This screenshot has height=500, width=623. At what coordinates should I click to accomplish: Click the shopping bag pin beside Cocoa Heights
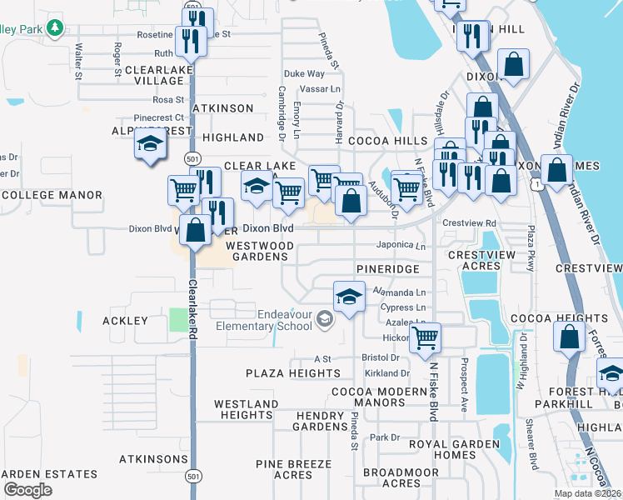[x=570, y=337]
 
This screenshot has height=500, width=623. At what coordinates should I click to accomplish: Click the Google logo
[x=27, y=489]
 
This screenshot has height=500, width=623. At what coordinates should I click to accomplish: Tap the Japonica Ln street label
[x=403, y=246]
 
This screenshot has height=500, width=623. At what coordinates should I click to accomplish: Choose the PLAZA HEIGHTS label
[x=292, y=373]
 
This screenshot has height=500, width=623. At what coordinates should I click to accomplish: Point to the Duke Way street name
[x=304, y=74]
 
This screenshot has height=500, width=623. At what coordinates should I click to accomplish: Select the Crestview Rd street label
[x=469, y=223]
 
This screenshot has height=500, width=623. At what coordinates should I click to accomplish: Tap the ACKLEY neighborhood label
[x=125, y=321]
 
